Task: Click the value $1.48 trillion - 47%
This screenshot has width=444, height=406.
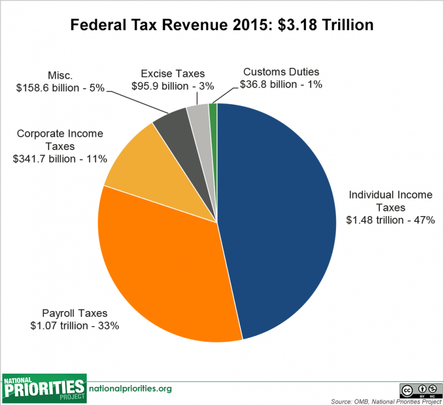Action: tap(390, 220)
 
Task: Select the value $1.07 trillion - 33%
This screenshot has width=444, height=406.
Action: tap(75, 325)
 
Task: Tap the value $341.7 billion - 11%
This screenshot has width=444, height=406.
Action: tap(60, 159)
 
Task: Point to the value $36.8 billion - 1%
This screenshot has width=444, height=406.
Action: tap(281, 84)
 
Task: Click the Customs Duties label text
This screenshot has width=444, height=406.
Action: tap(281, 72)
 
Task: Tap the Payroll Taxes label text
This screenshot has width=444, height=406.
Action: tap(75, 313)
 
